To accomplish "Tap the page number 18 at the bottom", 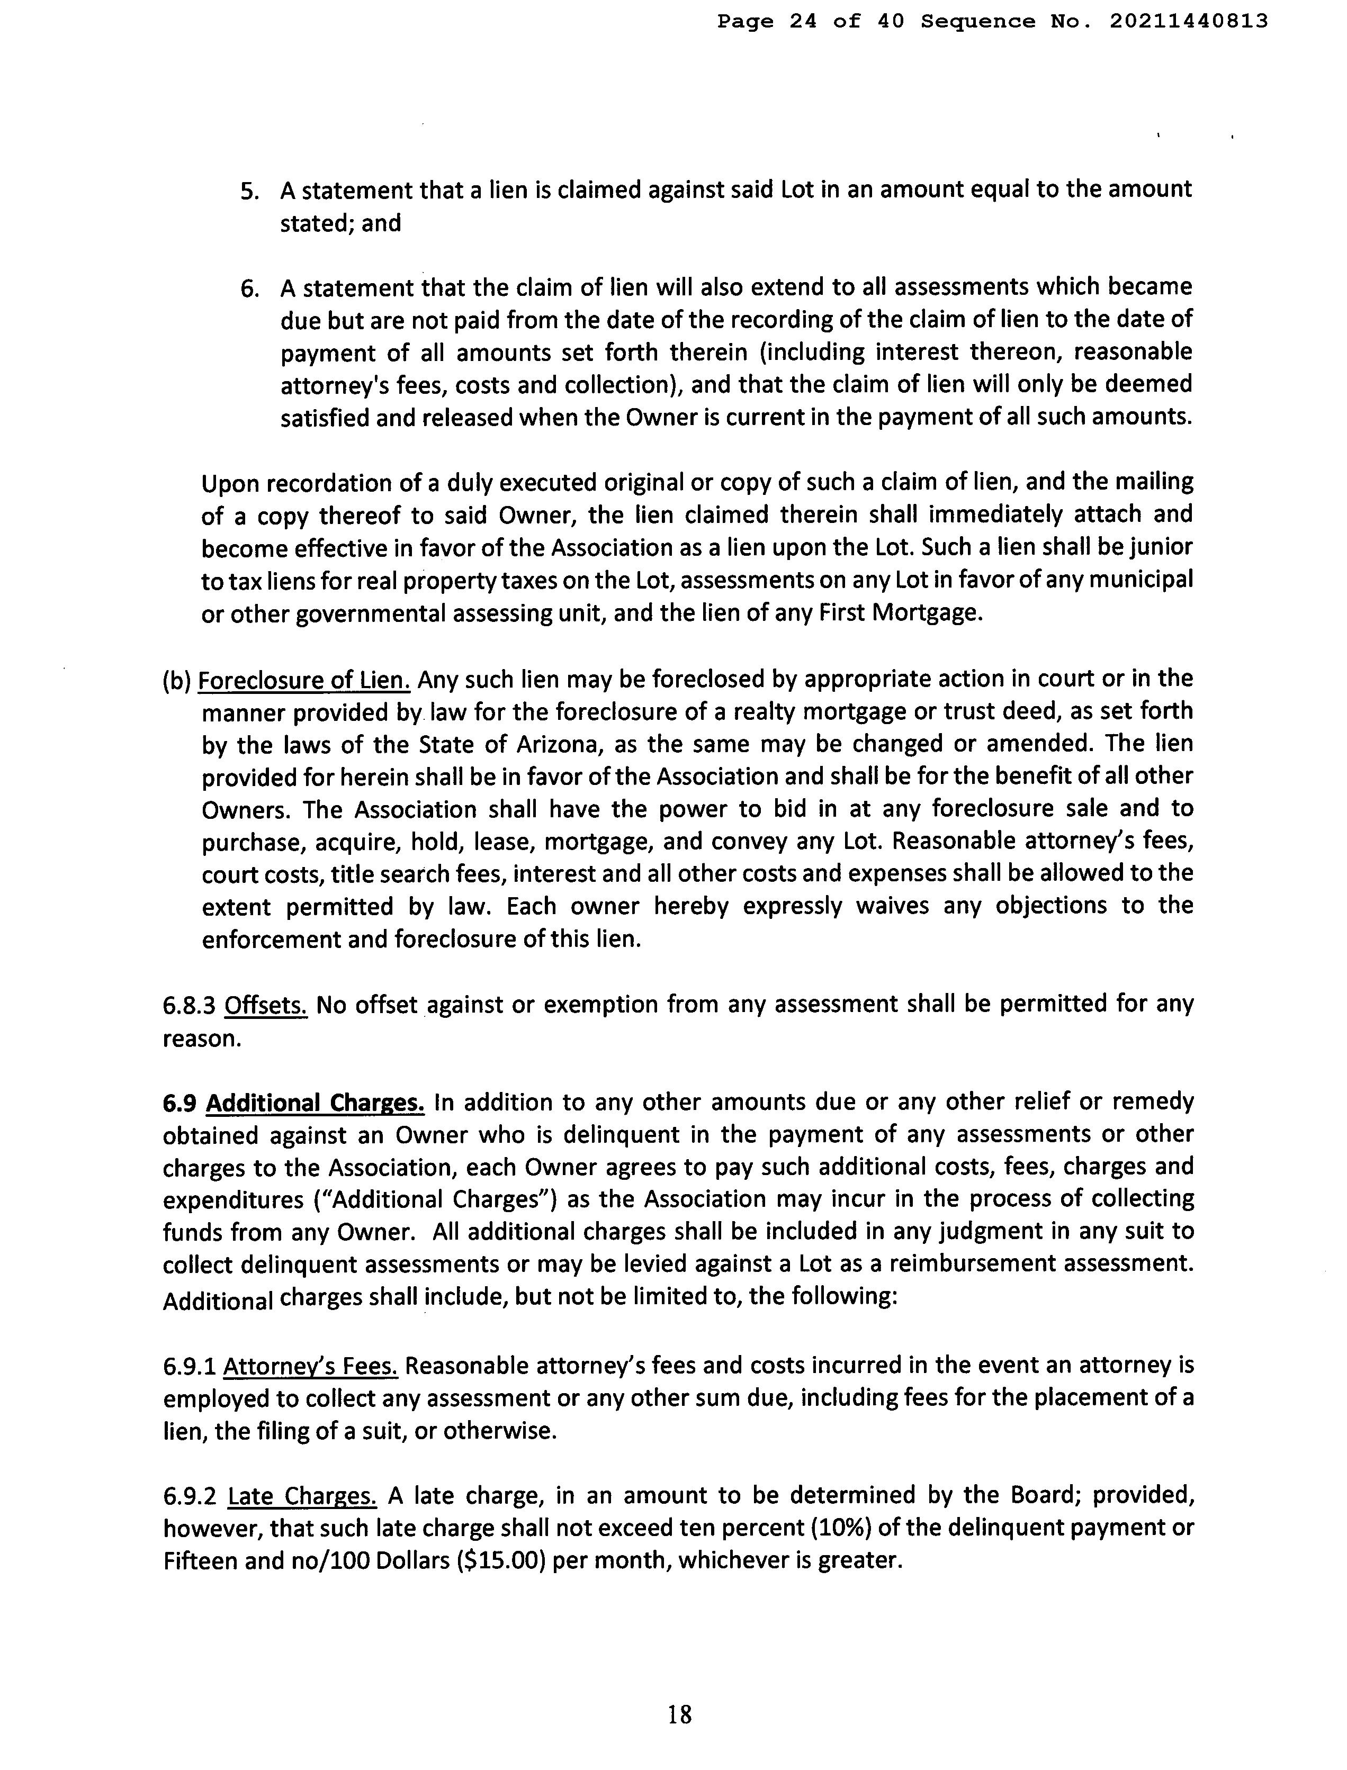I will pos(679,1715).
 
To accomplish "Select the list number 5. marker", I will pos(251,191).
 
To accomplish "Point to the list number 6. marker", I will pos(251,288).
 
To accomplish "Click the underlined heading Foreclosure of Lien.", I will pos(304,681).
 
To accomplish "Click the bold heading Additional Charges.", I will pos(315,1103).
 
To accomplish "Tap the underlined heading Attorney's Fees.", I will pos(310,1365).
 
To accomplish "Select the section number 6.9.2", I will pos(191,1496).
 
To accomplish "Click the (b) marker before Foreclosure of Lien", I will pos(176,681).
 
